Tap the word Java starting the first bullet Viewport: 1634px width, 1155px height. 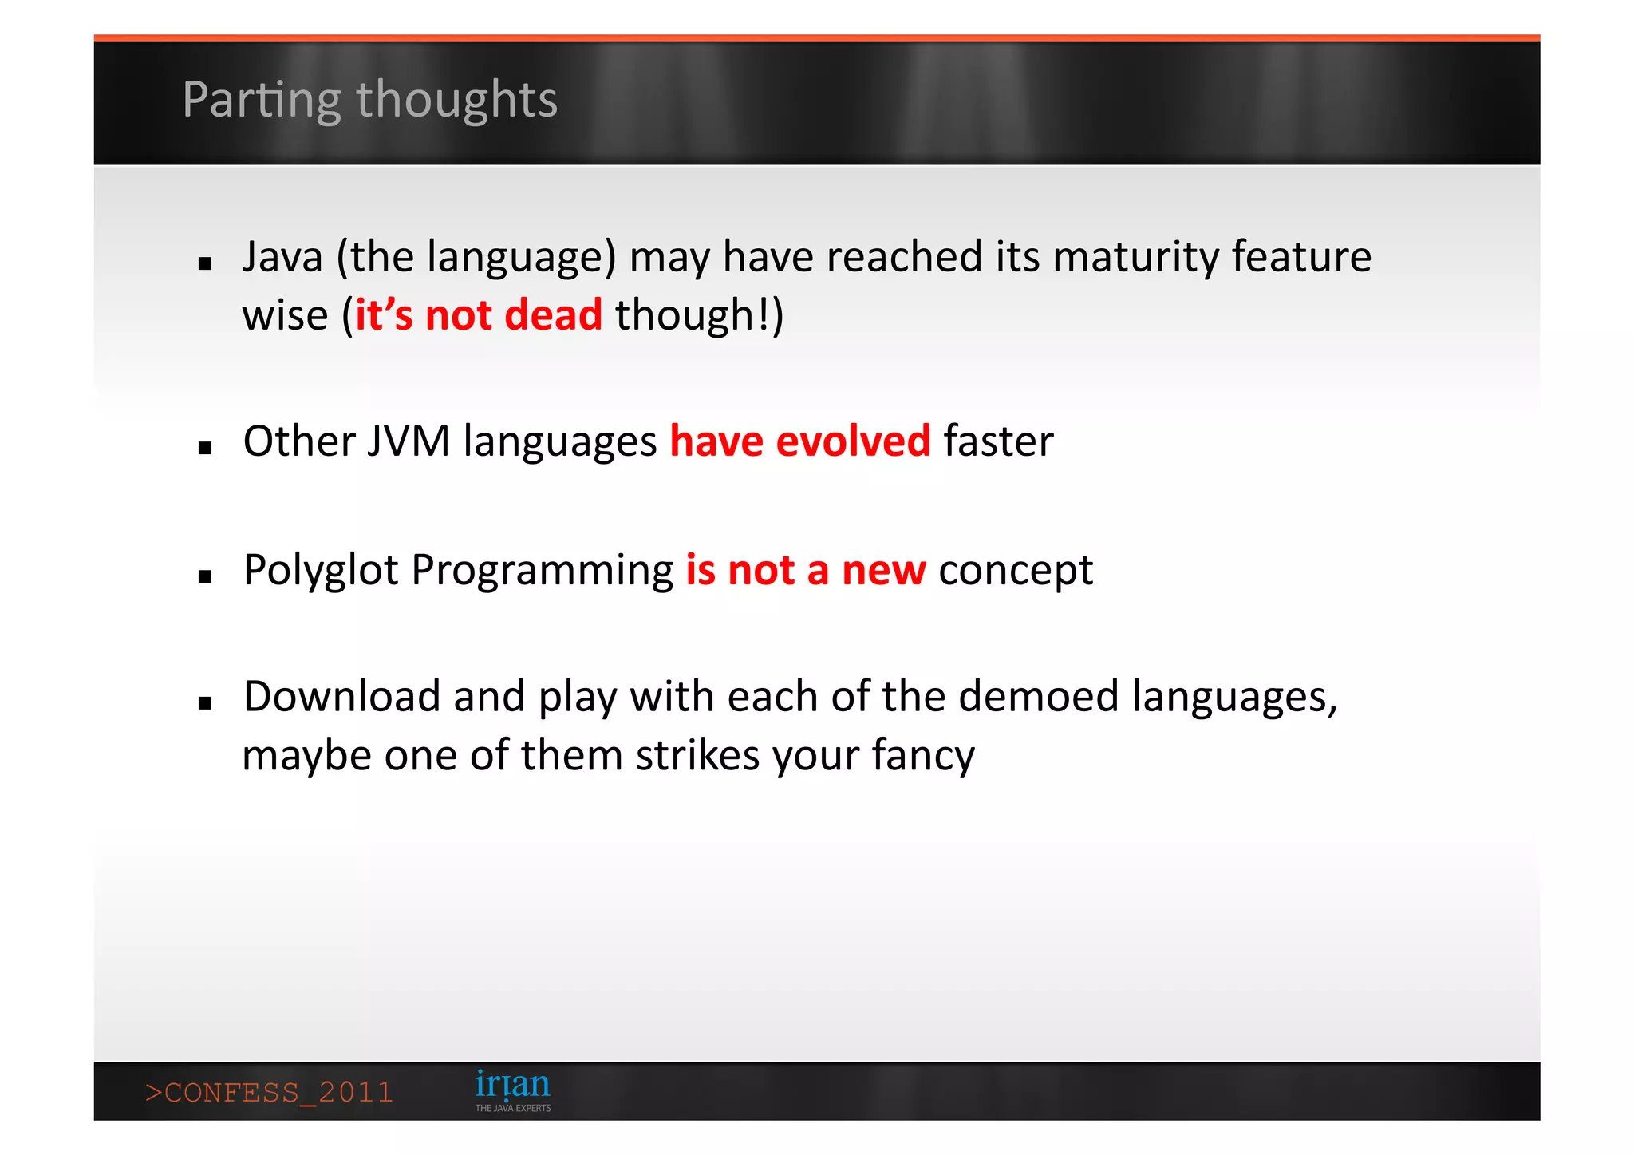(282, 257)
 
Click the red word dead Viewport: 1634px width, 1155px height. (553, 314)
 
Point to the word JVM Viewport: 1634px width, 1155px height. (408, 441)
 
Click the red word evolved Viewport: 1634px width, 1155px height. (853, 441)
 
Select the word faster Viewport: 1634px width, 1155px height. (998, 441)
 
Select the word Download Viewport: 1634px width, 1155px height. (341, 697)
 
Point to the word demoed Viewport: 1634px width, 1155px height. (1039, 697)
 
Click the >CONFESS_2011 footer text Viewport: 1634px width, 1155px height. (270, 1092)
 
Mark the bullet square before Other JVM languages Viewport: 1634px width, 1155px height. (205, 448)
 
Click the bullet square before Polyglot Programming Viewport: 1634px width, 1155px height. (205, 576)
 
